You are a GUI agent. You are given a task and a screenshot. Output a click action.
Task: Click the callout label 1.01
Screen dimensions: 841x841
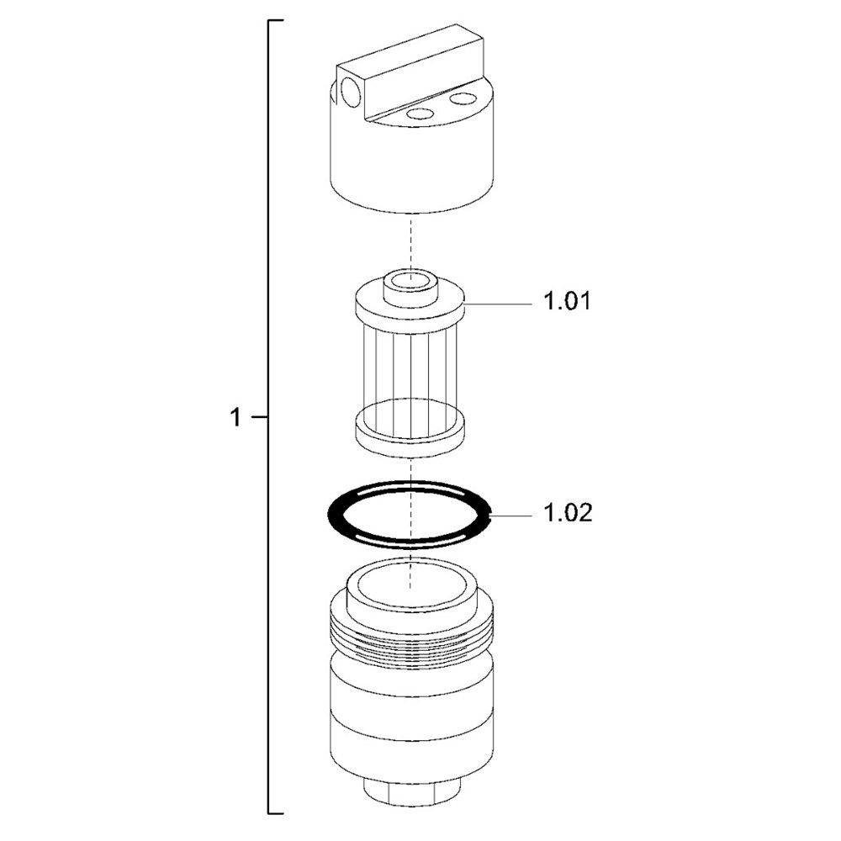point(567,301)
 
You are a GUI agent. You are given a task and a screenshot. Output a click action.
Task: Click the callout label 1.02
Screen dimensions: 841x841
point(568,513)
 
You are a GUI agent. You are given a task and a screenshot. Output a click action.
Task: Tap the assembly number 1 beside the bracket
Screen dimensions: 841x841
point(235,417)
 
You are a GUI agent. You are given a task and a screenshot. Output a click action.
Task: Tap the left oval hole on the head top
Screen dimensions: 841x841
point(420,114)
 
